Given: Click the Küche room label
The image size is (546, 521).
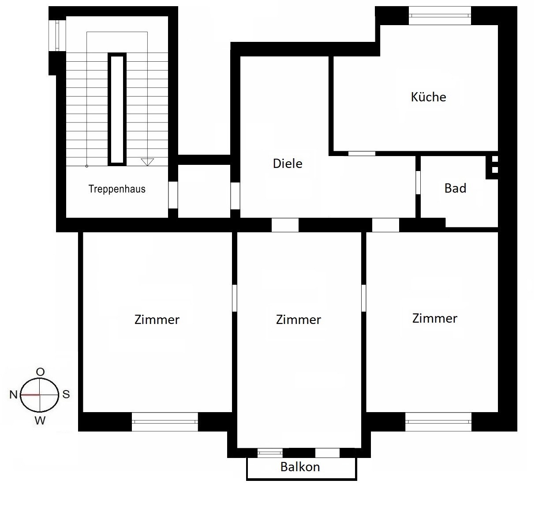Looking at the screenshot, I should pyautogui.click(x=428, y=97).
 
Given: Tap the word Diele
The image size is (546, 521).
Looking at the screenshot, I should pyautogui.click(x=288, y=164).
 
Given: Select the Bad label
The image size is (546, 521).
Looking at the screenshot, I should pyautogui.click(x=455, y=188).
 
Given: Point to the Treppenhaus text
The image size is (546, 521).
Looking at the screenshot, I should pyautogui.click(x=117, y=189).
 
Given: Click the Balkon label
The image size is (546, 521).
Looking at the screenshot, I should pyautogui.click(x=300, y=467).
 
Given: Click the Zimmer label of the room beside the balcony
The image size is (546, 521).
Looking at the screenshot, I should pyautogui.click(x=298, y=320).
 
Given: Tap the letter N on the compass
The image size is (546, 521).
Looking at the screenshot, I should pyautogui.click(x=13, y=395).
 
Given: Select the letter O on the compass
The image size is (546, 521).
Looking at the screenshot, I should pyautogui.click(x=40, y=372).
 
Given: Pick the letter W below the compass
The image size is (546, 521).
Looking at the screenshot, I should pyautogui.click(x=40, y=421).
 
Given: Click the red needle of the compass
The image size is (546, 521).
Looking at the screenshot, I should pyautogui.click(x=30, y=395).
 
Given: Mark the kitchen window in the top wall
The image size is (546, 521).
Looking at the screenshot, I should pyautogui.click(x=440, y=15).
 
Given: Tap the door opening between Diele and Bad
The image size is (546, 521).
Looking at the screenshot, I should pyautogui.click(x=418, y=182).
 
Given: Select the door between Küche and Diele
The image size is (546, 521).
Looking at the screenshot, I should pyautogui.click(x=362, y=153).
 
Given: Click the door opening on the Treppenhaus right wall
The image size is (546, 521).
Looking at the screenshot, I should pyautogui.click(x=173, y=195).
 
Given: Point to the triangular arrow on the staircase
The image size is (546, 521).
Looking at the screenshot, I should pyautogui.click(x=147, y=162).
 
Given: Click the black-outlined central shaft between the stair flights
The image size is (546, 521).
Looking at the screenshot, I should pyautogui.click(x=117, y=109).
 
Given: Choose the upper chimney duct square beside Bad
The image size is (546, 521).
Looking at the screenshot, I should pyautogui.click(x=495, y=159).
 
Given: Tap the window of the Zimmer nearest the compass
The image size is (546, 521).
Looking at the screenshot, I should pyautogui.click(x=165, y=422).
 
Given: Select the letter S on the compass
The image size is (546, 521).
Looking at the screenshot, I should pyautogui.click(x=66, y=394).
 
